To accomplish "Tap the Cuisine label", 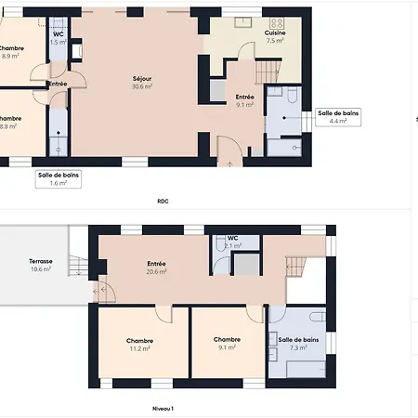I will pyautogui.click(x=275, y=33).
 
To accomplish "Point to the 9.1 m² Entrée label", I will pyautogui.click(x=244, y=100).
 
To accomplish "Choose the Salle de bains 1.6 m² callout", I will pyautogui.click(x=58, y=178).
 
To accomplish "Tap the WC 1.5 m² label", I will pyautogui.click(x=58, y=38).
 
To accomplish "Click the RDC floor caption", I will pyautogui.click(x=163, y=201).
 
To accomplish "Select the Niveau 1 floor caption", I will pyautogui.click(x=163, y=408).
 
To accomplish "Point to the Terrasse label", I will pyautogui.click(x=41, y=262).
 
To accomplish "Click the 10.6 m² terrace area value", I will pyautogui.click(x=41, y=270).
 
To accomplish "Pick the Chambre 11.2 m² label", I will pyautogui.click(x=140, y=345).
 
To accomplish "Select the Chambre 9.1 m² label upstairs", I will pyautogui.click(x=227, y=344).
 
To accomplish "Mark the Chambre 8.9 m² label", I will pyautogui.click(x=11, y=52).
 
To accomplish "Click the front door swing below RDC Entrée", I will pyautogui.click(x=229, y=149).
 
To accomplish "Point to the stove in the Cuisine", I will pyautogui.click(x=276, y=22).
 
